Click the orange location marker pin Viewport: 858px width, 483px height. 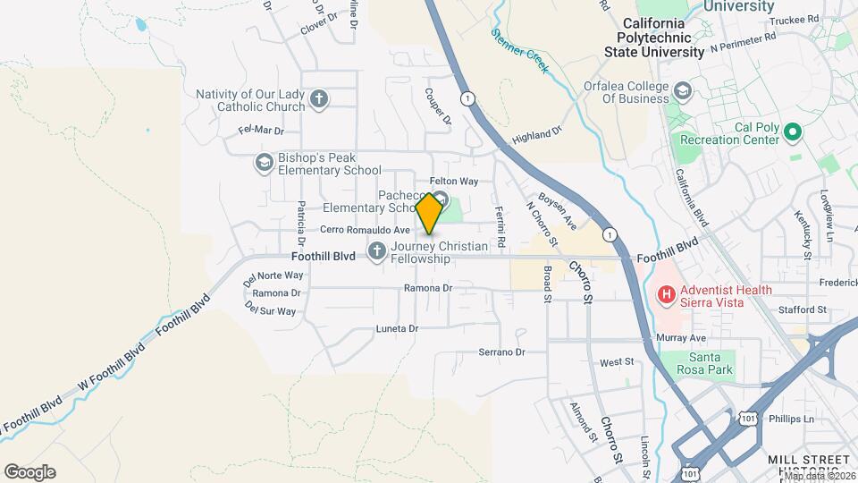(429, 213)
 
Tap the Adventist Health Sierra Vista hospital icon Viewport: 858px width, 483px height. (665, 294)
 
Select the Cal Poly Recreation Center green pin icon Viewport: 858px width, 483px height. (792, 133)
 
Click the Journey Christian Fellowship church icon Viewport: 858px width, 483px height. (376, 251)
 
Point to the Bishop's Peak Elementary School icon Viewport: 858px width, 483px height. (264, 163)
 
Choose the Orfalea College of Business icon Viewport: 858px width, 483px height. (684, 92)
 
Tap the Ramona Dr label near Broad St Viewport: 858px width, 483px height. (428, 288)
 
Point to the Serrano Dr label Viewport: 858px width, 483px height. (500, 352)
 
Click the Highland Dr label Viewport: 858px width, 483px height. (536, 135)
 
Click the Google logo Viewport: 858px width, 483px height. (29, 471)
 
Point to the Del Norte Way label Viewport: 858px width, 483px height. (273, 275)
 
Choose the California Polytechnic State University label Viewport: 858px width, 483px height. (667, 38)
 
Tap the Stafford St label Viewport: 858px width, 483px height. (802, 309)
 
